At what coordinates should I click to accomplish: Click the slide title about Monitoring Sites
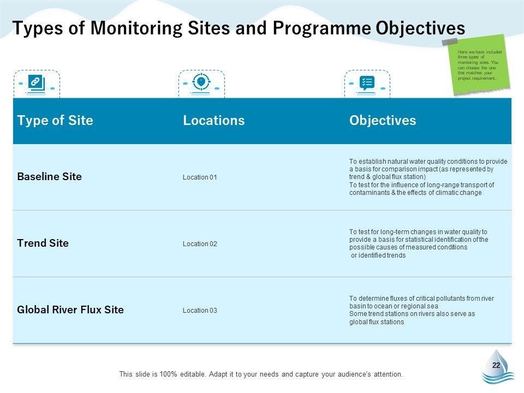(x=239, y=28)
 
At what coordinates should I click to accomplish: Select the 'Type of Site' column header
(x=55, y=121)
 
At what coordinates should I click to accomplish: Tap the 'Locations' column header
(x=213, y=121)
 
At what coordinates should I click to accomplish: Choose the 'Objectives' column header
(x=382, y=121)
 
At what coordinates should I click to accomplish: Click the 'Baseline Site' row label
(x=50, y=177)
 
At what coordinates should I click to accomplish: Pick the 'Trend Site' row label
(x=43, y=243)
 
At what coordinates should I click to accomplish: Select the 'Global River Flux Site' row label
(x=70, y=310)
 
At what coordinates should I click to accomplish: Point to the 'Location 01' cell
(x=200, y=177)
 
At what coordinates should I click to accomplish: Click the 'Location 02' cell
(x=200, y=244)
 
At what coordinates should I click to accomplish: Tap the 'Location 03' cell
(x=200, y=311)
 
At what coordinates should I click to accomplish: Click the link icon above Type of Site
(x=35, y=83)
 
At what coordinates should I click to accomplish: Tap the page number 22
(x=496, y=366)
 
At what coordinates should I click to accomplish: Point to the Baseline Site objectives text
(x=428, y=177)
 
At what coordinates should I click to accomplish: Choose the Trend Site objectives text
(x=419, y=243)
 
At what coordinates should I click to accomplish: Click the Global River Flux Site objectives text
(x=421, y=310)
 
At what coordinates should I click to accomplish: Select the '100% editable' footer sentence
(x=261, y=374)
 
